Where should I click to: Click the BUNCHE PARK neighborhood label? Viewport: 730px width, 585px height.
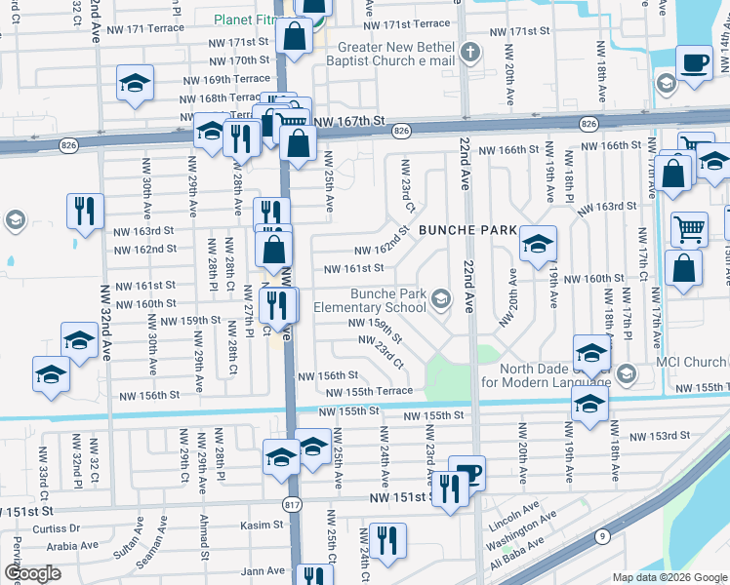[x=467, y=231]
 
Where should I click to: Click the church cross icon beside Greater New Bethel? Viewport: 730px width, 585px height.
[x=470, y=52]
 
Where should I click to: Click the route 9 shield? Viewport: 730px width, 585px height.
[x=603, y=534]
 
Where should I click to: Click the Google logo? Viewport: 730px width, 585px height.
[x=33, y=573]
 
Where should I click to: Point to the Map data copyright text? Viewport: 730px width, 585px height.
[x=669, y=577]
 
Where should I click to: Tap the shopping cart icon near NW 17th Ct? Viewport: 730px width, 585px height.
[x=689, y=229]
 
